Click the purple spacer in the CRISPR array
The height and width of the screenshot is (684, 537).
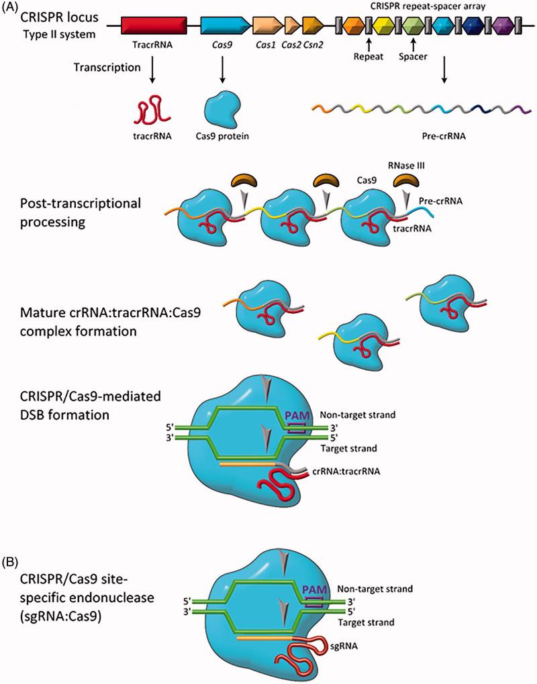501,26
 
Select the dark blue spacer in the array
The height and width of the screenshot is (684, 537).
473,26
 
